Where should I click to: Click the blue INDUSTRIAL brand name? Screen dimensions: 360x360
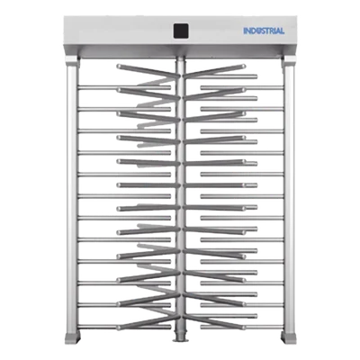tap(264, 31)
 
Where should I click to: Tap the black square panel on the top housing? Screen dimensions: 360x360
tap(181, 31)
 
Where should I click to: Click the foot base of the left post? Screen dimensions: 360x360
tap(72, 337)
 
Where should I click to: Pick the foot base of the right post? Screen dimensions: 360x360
tap(288, 337)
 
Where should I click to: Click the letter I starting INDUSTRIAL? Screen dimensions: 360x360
tap(245, 31)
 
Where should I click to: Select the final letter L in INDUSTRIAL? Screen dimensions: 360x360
tap(282, 31)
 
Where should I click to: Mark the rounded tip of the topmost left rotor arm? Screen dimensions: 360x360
tap(119, 66)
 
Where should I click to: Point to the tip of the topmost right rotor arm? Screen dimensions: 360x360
tap(244, 66)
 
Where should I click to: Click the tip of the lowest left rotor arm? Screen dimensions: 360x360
tap(119, 328)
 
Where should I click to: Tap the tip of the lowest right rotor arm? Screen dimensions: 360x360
tap(244, 328)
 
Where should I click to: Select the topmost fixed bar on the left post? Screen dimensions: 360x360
tap(124, 87)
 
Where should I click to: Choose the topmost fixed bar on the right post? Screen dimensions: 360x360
tap(242, 87)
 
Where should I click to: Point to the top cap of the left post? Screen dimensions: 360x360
tap(72, 61)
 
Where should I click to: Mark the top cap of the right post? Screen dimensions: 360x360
tap(289, 61)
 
